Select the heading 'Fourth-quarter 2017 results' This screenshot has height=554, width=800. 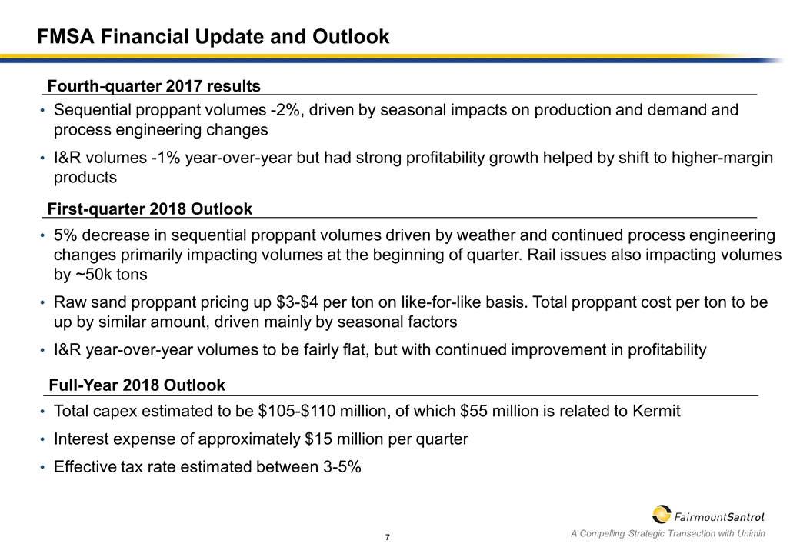(x=154, y=85)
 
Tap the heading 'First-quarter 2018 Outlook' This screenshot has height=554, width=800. (x=150, y=209)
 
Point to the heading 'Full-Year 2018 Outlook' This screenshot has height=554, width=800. (x=137, y=385)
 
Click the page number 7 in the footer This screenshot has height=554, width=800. (x=389, y=536)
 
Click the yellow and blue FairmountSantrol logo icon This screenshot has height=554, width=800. (x=661, y=514)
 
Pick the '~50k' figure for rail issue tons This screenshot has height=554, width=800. (x=100, y=275)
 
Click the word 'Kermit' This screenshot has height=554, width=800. (x=654, y=411)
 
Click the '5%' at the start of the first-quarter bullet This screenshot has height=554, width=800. (x=65, y=234)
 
